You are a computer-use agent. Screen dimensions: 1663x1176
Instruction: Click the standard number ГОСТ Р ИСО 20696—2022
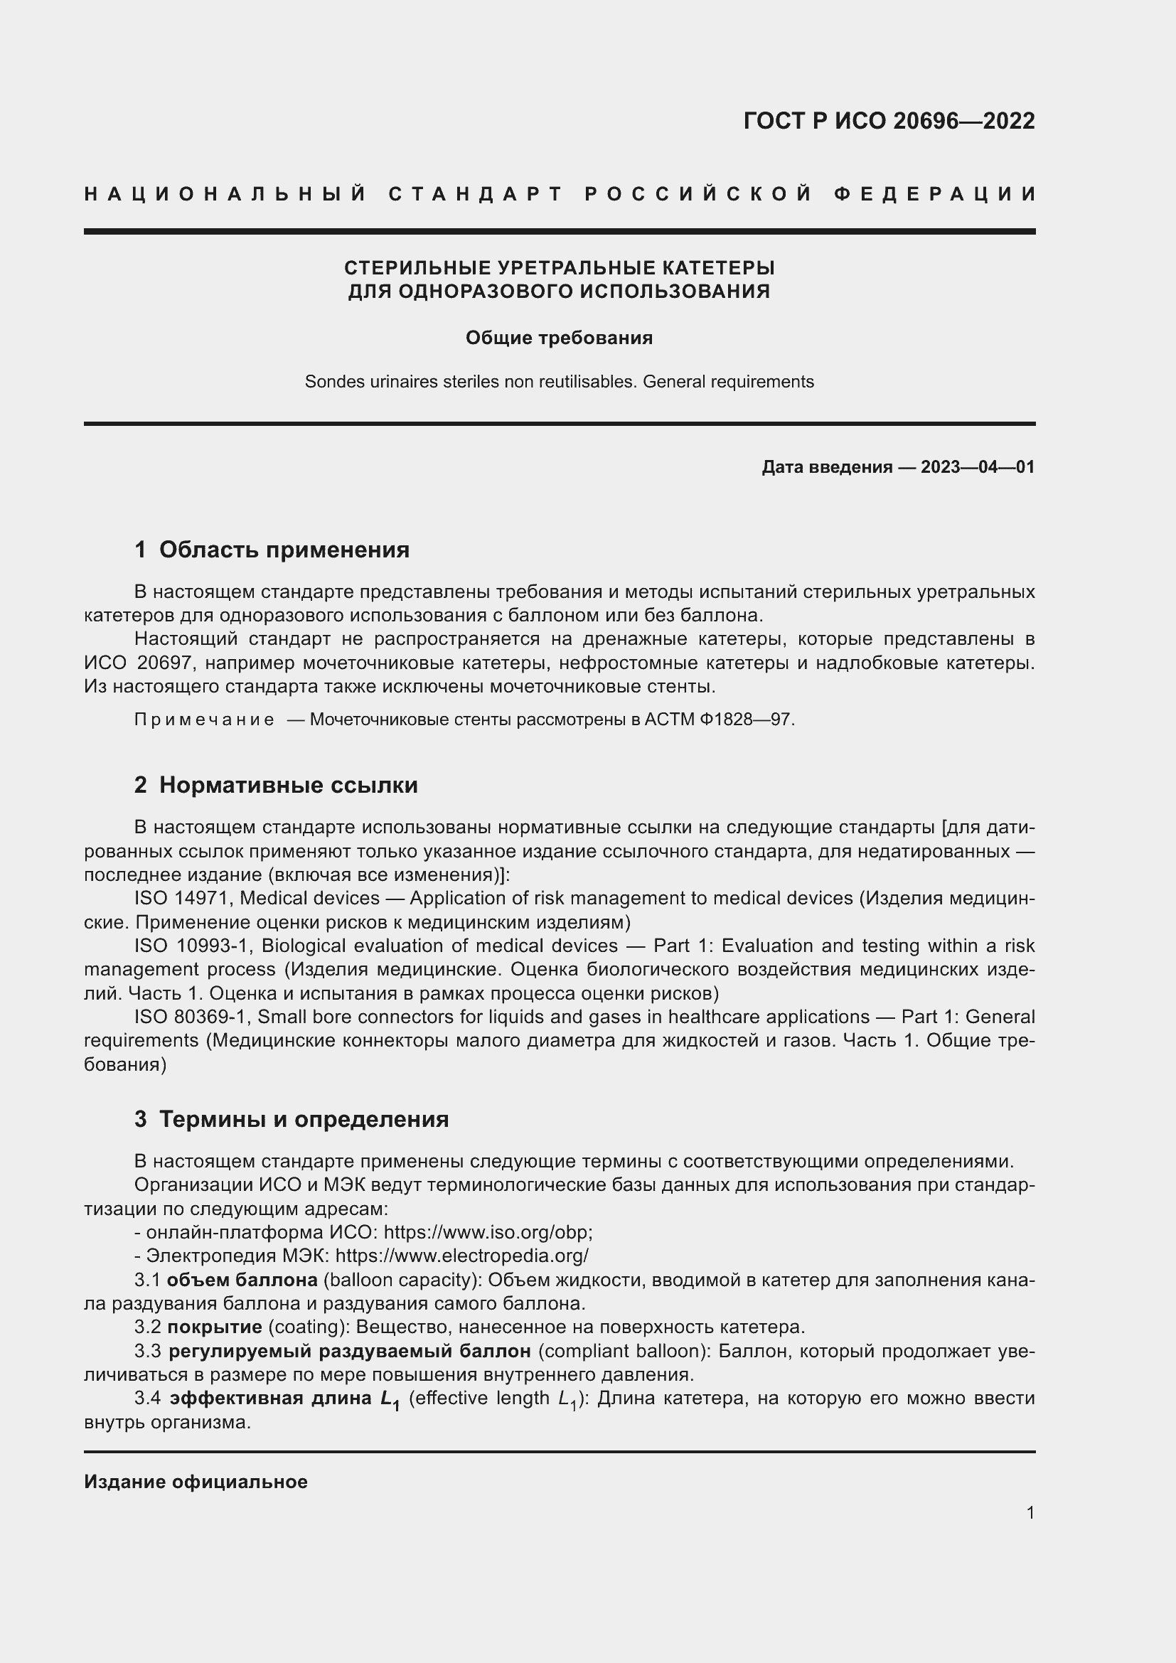(x=889, y=121)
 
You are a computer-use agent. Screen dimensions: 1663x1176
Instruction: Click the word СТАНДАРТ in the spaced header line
(x=476, y=194)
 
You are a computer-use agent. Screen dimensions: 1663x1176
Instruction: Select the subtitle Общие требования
(x=559, y=338)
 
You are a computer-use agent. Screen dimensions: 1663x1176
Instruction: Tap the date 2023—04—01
(x=977, y=467)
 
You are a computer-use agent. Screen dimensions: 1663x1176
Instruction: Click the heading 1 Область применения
(x=272, y=550)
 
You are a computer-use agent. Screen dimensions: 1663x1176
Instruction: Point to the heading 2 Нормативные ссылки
(x=276, y=785)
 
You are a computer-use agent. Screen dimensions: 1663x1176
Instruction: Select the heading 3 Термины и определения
(x=291, y=1119)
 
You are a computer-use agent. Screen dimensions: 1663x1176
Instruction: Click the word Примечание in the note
(x=204, y=720)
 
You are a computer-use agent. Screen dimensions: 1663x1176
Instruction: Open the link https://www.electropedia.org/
(x=462, y=1256)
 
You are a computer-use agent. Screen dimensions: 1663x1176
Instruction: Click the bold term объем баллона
(x=242, y=1280)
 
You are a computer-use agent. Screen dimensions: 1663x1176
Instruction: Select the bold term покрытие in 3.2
(x=214, y=1327)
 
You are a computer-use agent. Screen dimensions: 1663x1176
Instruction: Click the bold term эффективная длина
(x=272, y=1398)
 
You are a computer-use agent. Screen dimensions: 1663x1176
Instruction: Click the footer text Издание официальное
(x=196, y=1482)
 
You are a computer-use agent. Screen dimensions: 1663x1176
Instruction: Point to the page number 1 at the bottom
(x=1030, y=1512)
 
